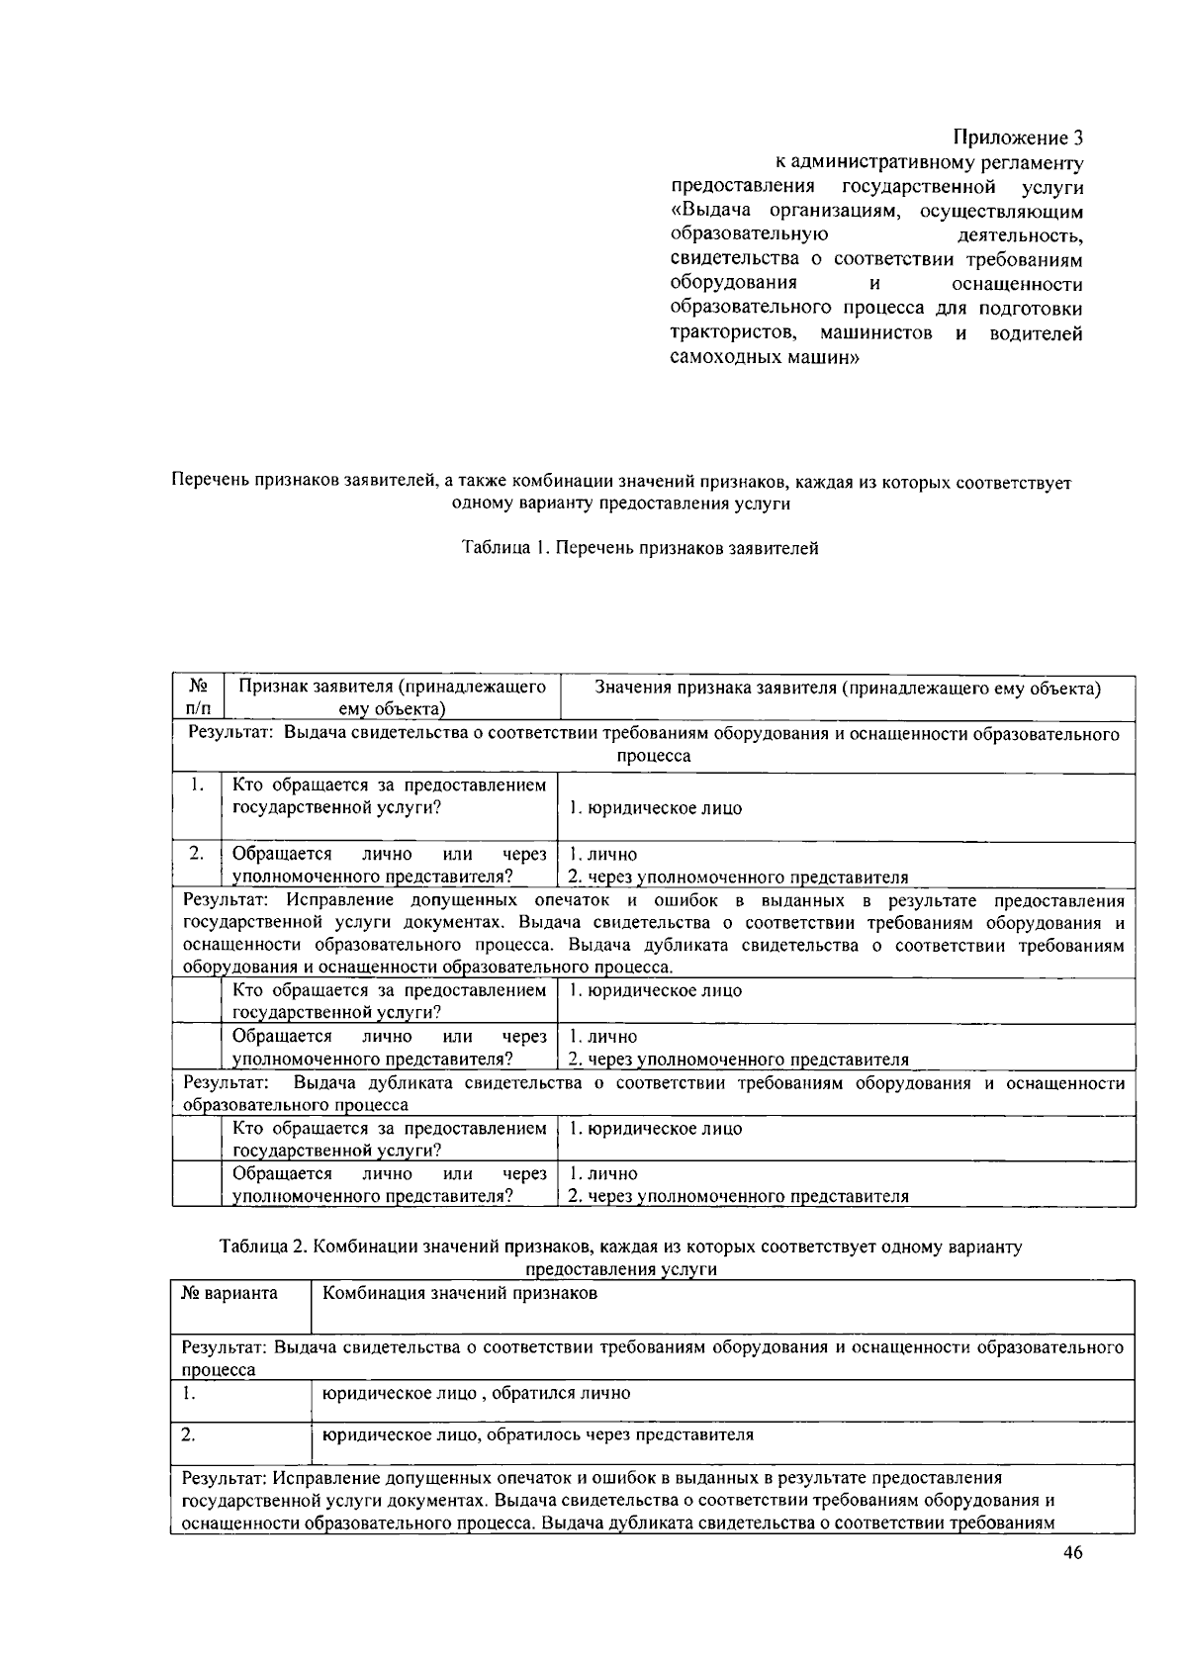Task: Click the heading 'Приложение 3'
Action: click(1018, 137)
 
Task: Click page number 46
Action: click(1073, 1552)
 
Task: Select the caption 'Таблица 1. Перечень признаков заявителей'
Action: click(640, 548)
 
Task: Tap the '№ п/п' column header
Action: click(198, 697)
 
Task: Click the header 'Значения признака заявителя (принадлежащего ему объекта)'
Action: click(847, 689)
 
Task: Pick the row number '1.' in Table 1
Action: click(198, 785)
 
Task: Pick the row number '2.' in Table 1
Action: click(197, 853)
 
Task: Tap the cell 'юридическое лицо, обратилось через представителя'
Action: click(538, 1434)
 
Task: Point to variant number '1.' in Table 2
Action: click(188, 1393)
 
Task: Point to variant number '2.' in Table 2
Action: click(188, 1434)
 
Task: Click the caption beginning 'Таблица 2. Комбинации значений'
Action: click(621, 1247)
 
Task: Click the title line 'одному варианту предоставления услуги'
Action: click(621, 504)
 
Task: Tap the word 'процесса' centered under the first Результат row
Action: click(654, 756)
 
